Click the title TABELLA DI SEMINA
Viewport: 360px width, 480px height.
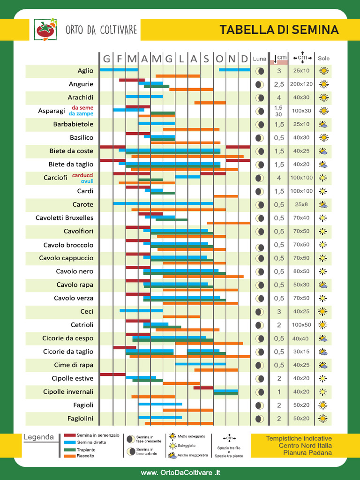tap(279, 30)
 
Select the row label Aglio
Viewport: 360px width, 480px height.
tap(85, 71)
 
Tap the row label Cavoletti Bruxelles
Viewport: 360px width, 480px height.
tap(64, 218)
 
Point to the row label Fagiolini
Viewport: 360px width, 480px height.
tap(80, 419)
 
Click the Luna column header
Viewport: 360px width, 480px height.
tap(259, 59)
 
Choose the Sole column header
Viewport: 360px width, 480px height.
tap(323, 59)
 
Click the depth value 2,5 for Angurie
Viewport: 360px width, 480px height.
tap(279, 84)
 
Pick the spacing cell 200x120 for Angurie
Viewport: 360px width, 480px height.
tap(301, 84)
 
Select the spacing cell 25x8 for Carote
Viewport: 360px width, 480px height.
tap(301, 205)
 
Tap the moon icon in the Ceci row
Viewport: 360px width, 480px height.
tap(259, 312)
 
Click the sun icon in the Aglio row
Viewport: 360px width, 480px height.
tap(323, 71)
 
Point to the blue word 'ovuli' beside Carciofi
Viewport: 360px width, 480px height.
tap(87, 181)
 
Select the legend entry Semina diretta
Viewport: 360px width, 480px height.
tap(91, 442)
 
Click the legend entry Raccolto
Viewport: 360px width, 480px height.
tap(85, 456)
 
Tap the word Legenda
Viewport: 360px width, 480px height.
tap(38, 437)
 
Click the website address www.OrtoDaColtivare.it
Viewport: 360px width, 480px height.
tap(180, 472)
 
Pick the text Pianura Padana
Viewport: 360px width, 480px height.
tap(307, 453)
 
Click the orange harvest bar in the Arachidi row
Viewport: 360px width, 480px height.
tap(210, 103)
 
